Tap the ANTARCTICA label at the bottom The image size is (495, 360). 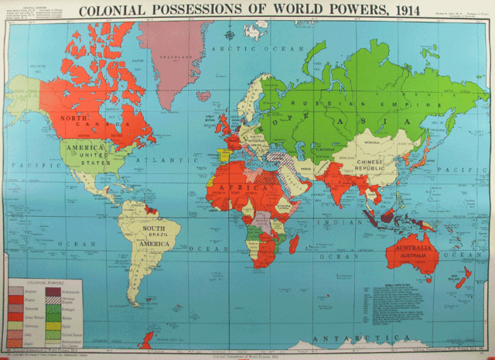348,338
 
